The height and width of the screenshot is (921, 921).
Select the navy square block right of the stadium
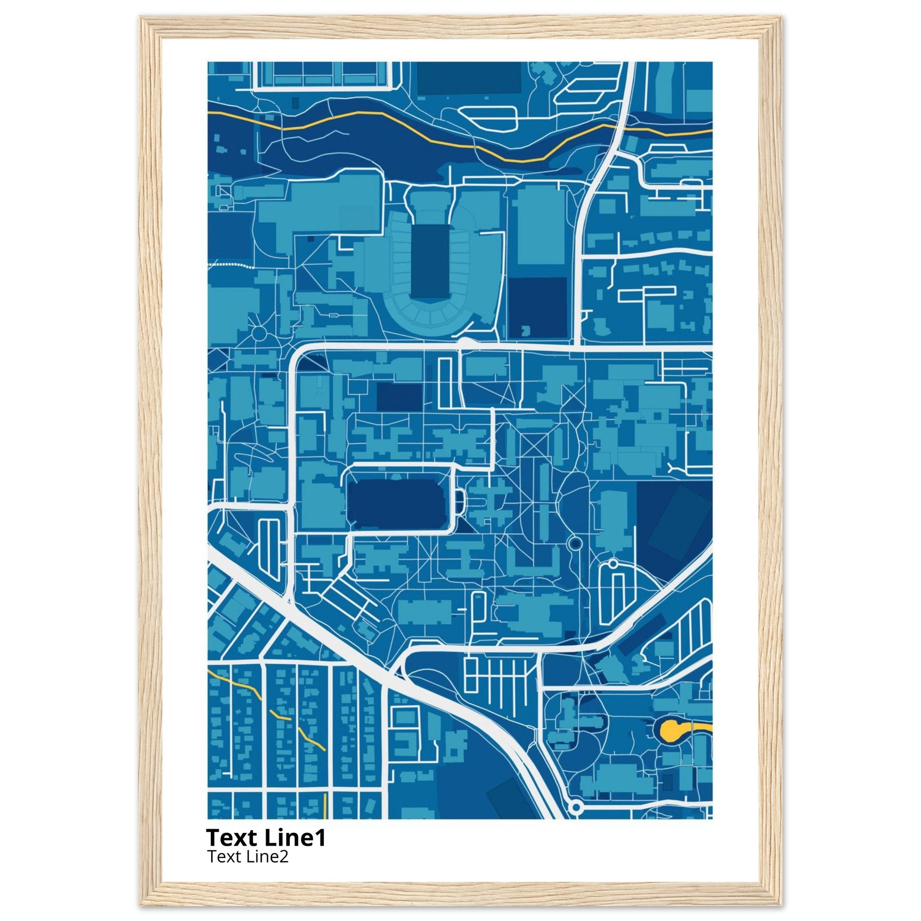[538, 308]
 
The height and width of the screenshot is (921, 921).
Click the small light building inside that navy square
[527, 331]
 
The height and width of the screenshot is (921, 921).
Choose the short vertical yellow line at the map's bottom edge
[325, 805]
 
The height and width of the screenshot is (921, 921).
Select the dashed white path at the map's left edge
[229, 264]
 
